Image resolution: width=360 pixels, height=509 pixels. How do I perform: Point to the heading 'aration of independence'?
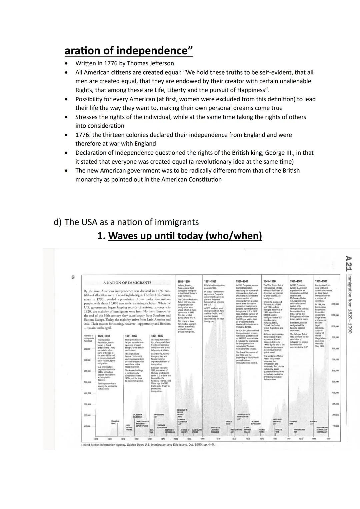129,51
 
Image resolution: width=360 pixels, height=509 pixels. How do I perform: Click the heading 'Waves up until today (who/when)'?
185,236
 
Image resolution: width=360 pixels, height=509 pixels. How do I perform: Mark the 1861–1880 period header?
157,336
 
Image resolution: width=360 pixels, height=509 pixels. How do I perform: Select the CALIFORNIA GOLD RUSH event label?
137,415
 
